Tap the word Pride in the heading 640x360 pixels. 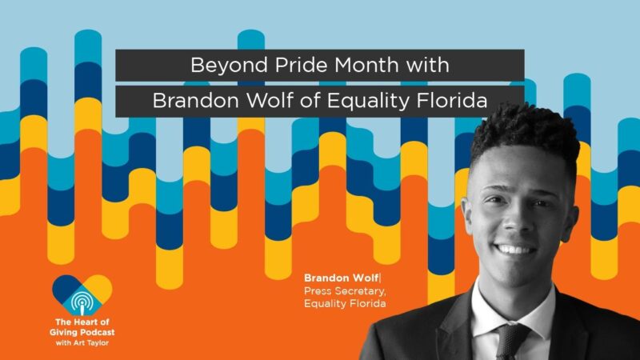coord(282,65)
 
